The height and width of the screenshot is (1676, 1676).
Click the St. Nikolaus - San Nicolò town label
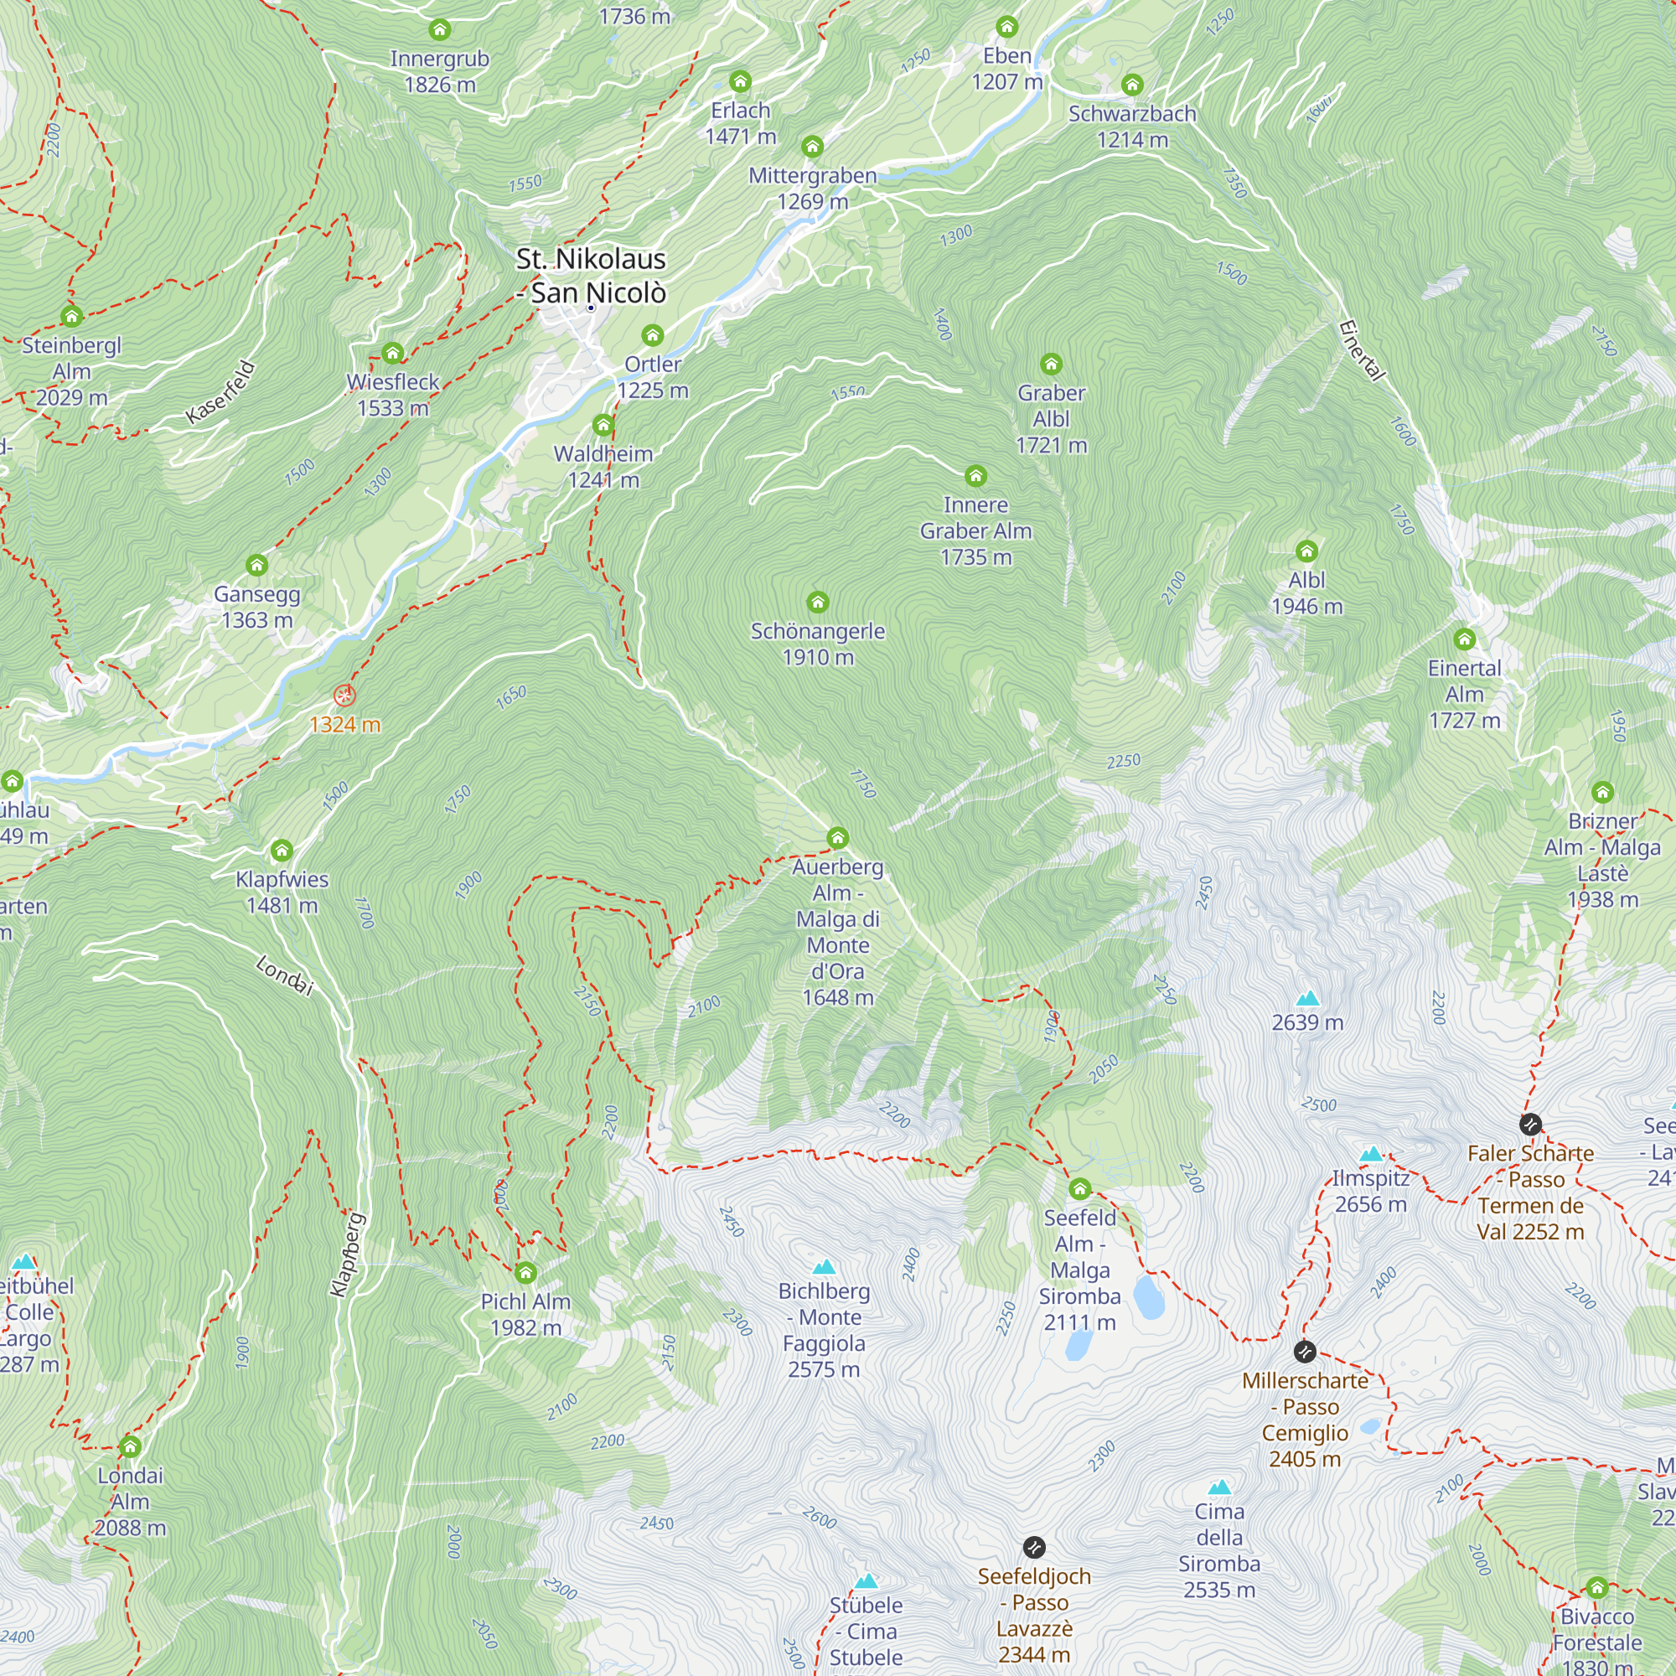(x=591, y=276)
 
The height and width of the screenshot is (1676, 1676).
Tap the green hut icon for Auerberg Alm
(x=837, y=838)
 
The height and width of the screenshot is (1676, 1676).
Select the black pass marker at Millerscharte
(x=1305, y=1352)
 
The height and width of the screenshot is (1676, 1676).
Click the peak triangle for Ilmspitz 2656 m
(x=1371, y=1154)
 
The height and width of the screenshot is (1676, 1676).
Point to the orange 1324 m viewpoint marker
(x=344, y=696)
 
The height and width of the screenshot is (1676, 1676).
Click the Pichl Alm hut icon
(x=525, y=1273)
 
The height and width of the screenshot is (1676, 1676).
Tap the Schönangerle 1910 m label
(x=817, y=644)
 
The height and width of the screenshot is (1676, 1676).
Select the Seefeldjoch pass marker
(x=1034, y=1548)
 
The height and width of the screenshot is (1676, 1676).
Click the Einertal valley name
(x=1360, y=349)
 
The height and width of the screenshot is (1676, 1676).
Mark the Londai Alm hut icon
(x=130, y=1446)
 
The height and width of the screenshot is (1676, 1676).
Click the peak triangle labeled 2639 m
(x=1307, y=999)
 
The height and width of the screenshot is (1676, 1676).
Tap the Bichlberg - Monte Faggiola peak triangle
(x=824, y=1267)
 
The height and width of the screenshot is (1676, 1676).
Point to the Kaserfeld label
(x=221, y=392)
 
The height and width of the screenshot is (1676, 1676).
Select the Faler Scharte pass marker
(x=1530, y=1125)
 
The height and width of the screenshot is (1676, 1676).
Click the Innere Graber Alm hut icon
(x=976, y=475)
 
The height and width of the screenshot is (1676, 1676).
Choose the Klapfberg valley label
(x=348, y=1254)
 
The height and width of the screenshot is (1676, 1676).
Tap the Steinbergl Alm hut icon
(x=72, y=316)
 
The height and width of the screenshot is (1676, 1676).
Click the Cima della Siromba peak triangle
(x=1219, y=1487)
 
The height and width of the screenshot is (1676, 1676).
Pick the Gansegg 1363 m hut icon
(x=256, y=566)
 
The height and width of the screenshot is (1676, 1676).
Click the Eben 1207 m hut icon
(x=1007, y=27)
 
